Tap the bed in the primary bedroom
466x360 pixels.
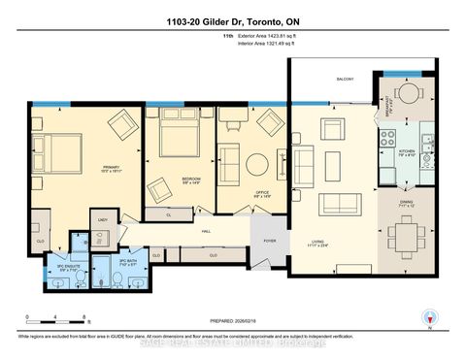(57, 152)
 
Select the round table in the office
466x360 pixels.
(257, 164)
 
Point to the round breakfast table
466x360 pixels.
(409, 94)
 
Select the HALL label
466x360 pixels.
(206, 231)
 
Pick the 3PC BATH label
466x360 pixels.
(127, 261)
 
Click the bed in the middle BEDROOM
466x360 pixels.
(178, 139)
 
